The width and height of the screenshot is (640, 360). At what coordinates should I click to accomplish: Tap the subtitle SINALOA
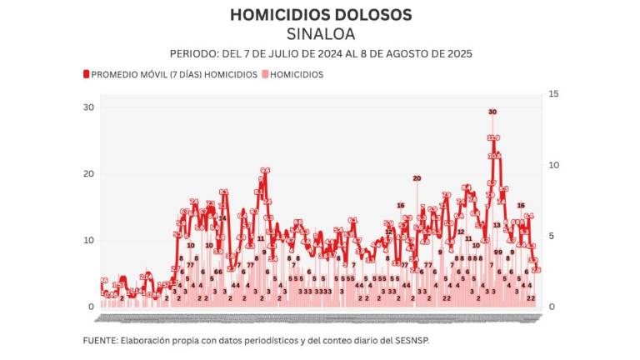coord(320,34)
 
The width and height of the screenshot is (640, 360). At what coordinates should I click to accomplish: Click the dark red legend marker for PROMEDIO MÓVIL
coord(86,74)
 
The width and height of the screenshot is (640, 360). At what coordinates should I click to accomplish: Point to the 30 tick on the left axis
coord(87,107)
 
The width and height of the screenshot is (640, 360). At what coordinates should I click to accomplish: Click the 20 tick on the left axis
coord(87,173)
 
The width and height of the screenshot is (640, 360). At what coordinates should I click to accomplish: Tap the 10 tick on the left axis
coord(87,240)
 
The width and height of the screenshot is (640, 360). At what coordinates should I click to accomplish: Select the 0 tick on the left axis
coord(91,307)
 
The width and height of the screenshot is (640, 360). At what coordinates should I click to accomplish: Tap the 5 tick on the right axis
coord(552,236)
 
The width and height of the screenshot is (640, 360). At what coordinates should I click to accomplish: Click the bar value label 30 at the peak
coord(492,112)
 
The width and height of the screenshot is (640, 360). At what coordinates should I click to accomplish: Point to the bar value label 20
coord(417,177)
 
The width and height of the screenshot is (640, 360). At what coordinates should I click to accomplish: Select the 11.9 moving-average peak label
coord(493,137)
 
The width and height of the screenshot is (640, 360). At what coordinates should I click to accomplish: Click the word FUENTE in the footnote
coord(99,340)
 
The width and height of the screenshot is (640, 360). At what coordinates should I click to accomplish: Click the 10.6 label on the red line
coord(494,156)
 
